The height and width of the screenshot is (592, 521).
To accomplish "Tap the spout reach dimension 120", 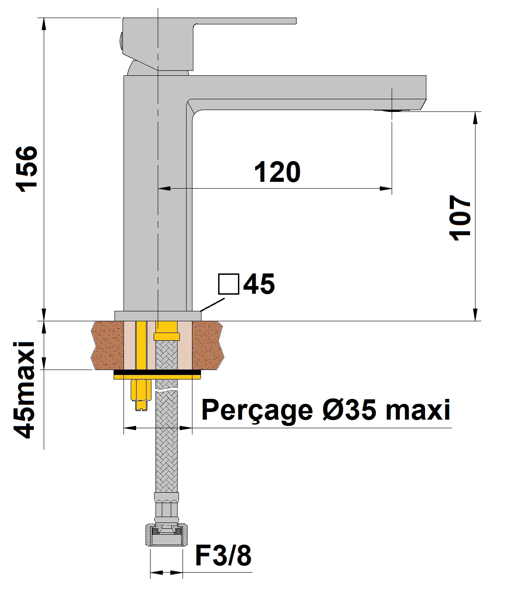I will (x=277, y=172).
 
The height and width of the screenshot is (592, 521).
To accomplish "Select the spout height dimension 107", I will (x=460, y=218).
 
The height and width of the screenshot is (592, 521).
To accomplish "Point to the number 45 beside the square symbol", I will (x=259, y=284).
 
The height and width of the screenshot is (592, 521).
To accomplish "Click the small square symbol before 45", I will (x=228, y=284).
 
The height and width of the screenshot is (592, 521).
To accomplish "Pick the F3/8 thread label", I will (x=223, y=556).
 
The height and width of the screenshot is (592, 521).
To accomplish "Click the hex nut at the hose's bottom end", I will (x=166, y=536).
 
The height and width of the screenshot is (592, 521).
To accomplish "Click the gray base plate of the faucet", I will (x=157, y=316).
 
